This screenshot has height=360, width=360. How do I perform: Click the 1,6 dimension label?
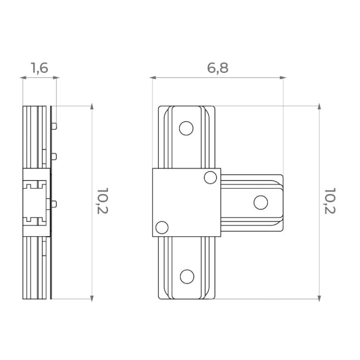coord(39,68)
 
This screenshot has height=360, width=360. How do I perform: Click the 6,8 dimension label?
coord(217,68)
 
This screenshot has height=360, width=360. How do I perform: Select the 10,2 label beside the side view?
coord(102,201)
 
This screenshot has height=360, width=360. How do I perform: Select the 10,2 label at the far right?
coord(330,201)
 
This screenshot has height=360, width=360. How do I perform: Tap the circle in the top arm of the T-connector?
coord(186,128)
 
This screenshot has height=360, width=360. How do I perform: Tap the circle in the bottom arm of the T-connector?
coord(187,276)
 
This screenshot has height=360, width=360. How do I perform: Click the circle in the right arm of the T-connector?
coord(261,203)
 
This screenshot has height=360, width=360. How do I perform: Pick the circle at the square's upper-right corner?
coord(210,178)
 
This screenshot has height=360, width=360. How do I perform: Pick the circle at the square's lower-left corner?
coord(162,228)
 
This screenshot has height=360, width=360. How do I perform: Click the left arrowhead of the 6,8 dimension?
coord(153,78)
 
